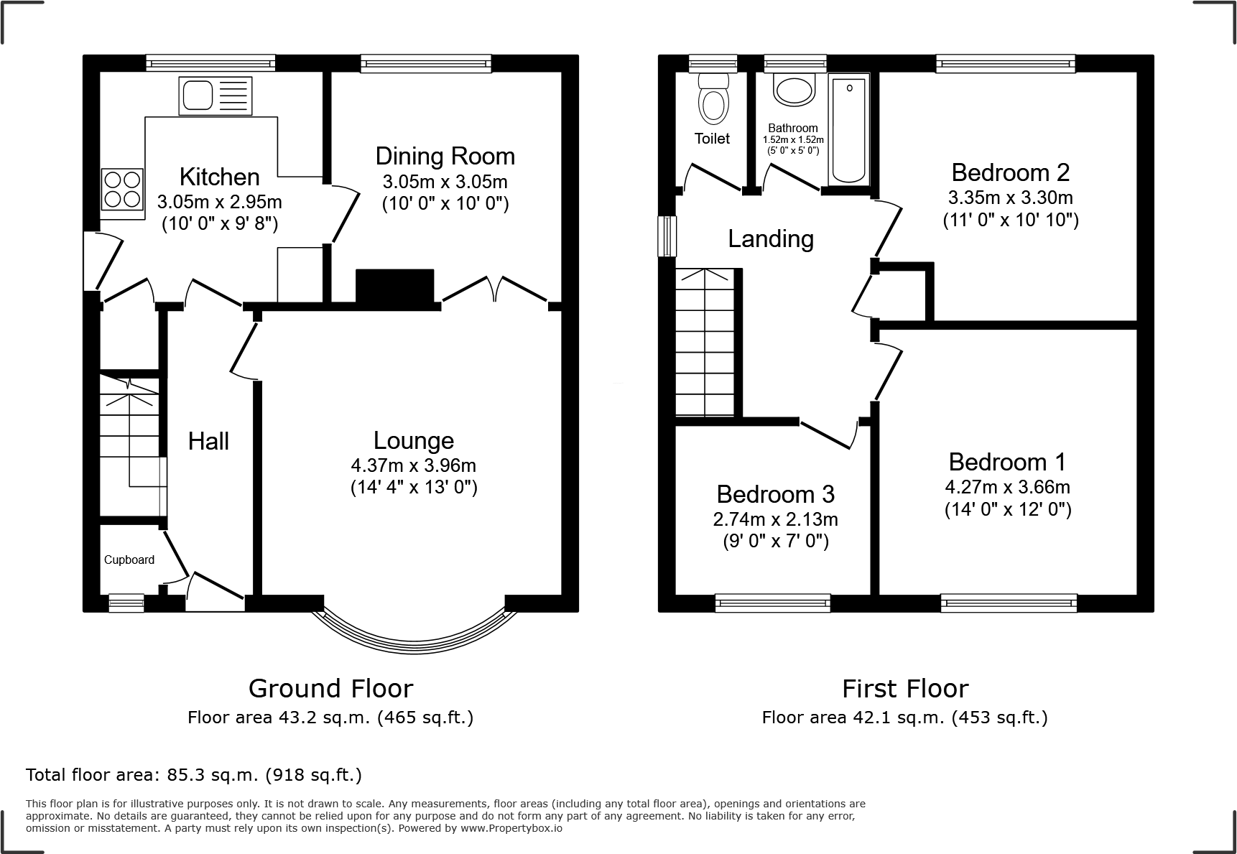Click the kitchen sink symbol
point(216,96)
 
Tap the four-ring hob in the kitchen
point(122,187)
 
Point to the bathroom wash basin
point(794,90)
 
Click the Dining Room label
point(445,156)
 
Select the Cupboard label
point(129,560)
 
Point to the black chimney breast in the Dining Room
point(395,286)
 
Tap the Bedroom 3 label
point(775,494)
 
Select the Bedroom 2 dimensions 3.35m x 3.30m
point(1010,197)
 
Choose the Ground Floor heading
point(330,688)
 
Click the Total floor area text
point(194,775)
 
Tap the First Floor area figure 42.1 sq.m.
point(904,717)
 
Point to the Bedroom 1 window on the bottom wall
point(1009,603)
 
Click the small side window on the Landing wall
point(667,236)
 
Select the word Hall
point(208,441)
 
